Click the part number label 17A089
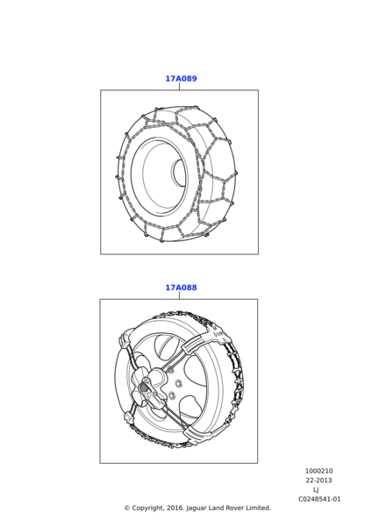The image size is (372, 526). (x=181, y=79)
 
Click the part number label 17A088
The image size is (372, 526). (x=181, y=288)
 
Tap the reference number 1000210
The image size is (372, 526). (x=318, y=471)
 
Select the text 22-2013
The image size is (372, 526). (x=318, y=480)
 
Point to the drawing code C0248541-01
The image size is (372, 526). (x=319, y=499)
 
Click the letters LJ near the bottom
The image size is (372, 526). (x=316, y=490)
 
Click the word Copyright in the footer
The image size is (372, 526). (x=147, y=508)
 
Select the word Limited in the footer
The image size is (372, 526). (x=258, y=508)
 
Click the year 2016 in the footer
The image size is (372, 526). (x=175, y=508)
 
